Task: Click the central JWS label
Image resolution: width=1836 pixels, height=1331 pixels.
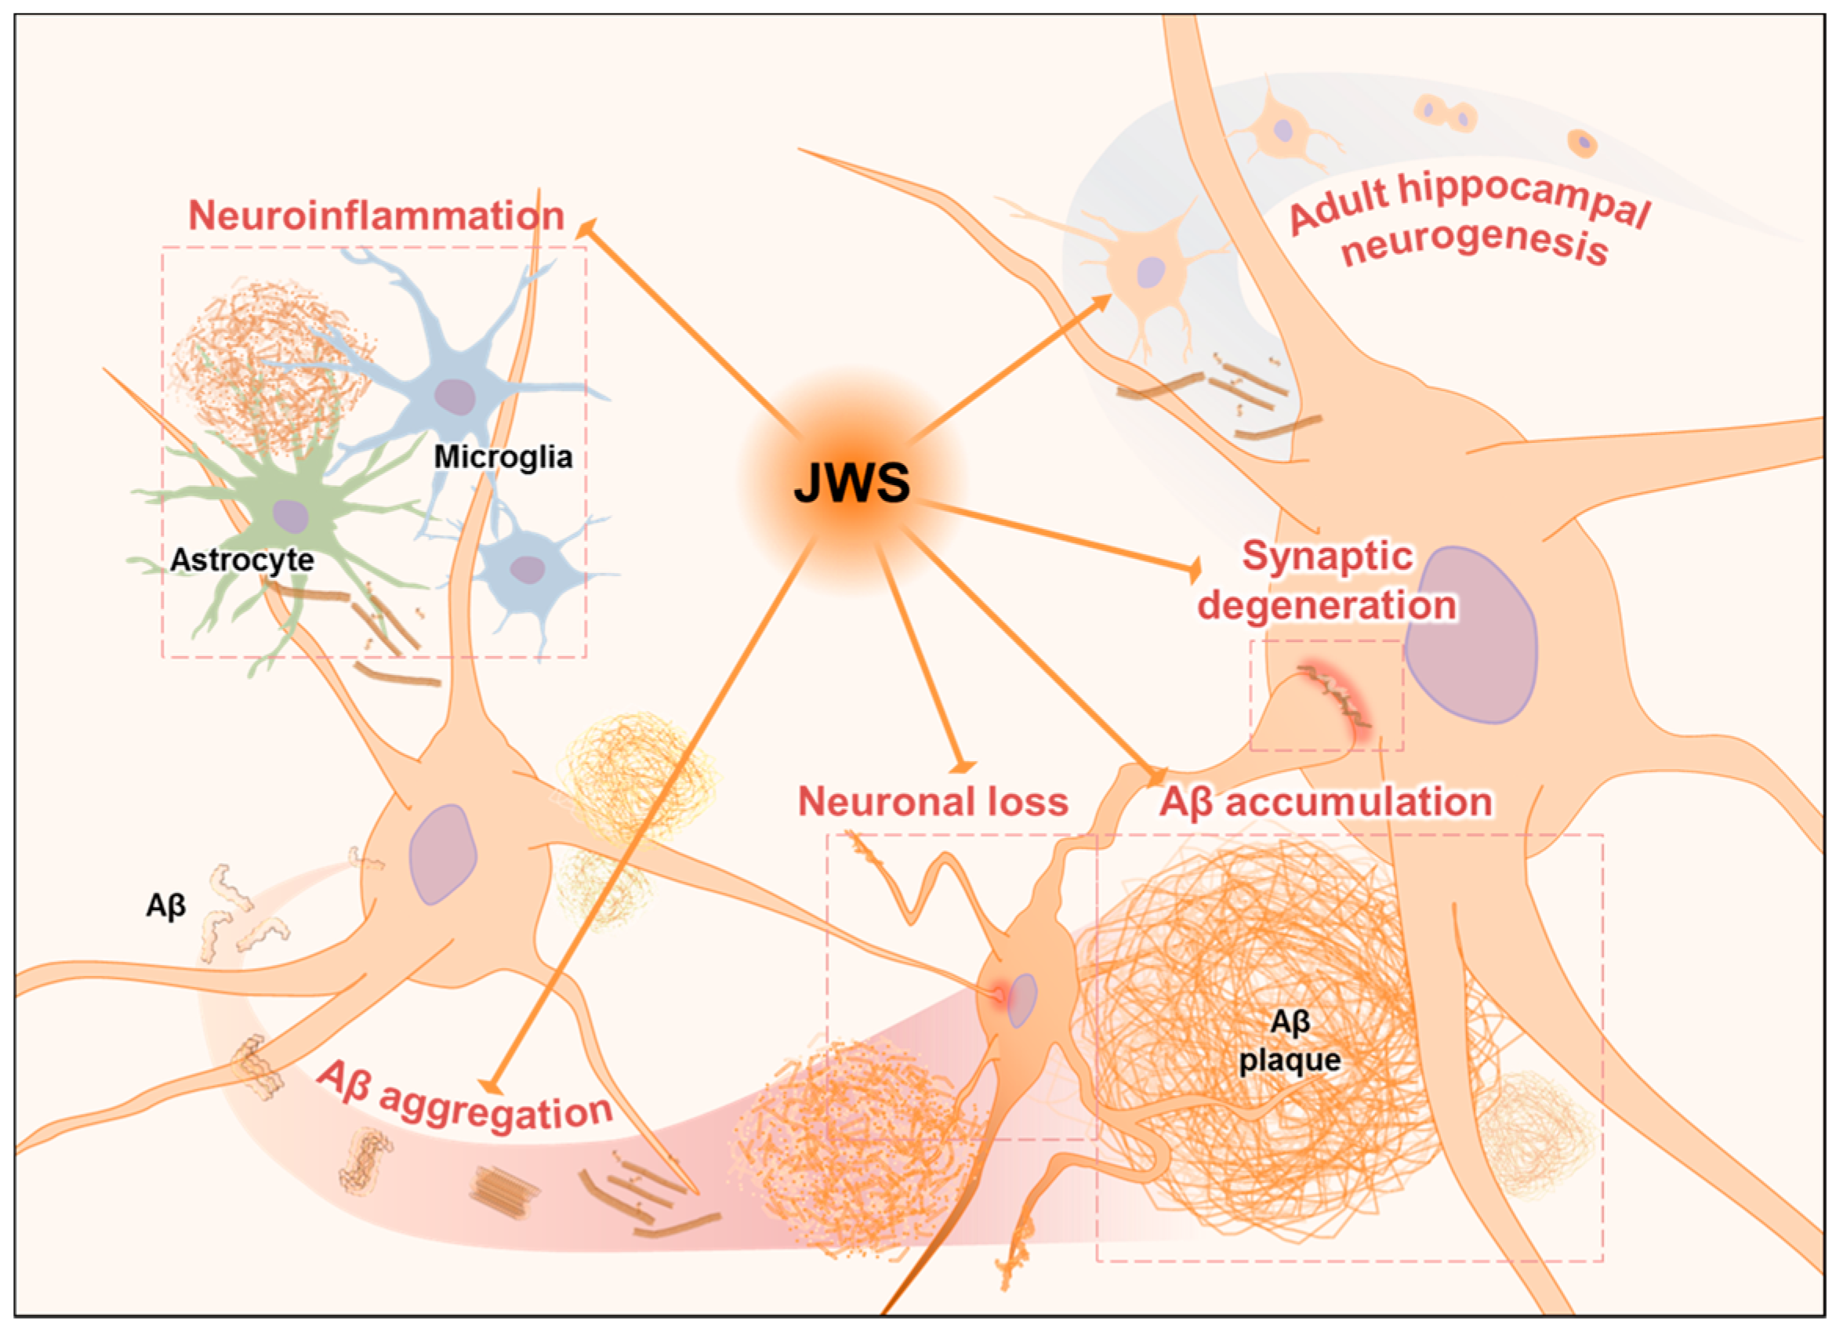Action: [x=851, y=483]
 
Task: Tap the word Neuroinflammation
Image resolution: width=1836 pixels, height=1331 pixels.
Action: [x=376, y=216]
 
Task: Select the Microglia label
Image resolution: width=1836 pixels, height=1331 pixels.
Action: [x=503, y=457]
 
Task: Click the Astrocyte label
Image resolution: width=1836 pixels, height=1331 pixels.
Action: [x=242, y=560]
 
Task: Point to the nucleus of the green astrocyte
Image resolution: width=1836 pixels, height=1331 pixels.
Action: [x=290, y=516]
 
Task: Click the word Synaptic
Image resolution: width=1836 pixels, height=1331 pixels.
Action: [x=1328, y=557]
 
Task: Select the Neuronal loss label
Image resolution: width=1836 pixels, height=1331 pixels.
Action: [x=933, y=802]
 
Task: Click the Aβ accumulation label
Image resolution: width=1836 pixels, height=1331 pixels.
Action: [x=1325, y=803]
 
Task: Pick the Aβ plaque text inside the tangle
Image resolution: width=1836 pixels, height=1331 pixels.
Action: [x=1290, y=1040]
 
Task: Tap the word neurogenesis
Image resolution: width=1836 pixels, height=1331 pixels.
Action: [x=1473, y=243]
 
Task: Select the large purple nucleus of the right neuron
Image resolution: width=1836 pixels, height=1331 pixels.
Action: [x=1470, y=636]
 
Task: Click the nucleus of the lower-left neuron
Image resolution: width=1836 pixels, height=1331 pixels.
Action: [x=442, y=854]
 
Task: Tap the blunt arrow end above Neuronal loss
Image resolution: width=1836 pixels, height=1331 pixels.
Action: [x=963, y=764]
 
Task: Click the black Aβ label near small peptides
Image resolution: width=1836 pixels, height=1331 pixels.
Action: [x=166, y=905]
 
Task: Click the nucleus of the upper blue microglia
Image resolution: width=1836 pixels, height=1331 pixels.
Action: [x=454, y=396]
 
